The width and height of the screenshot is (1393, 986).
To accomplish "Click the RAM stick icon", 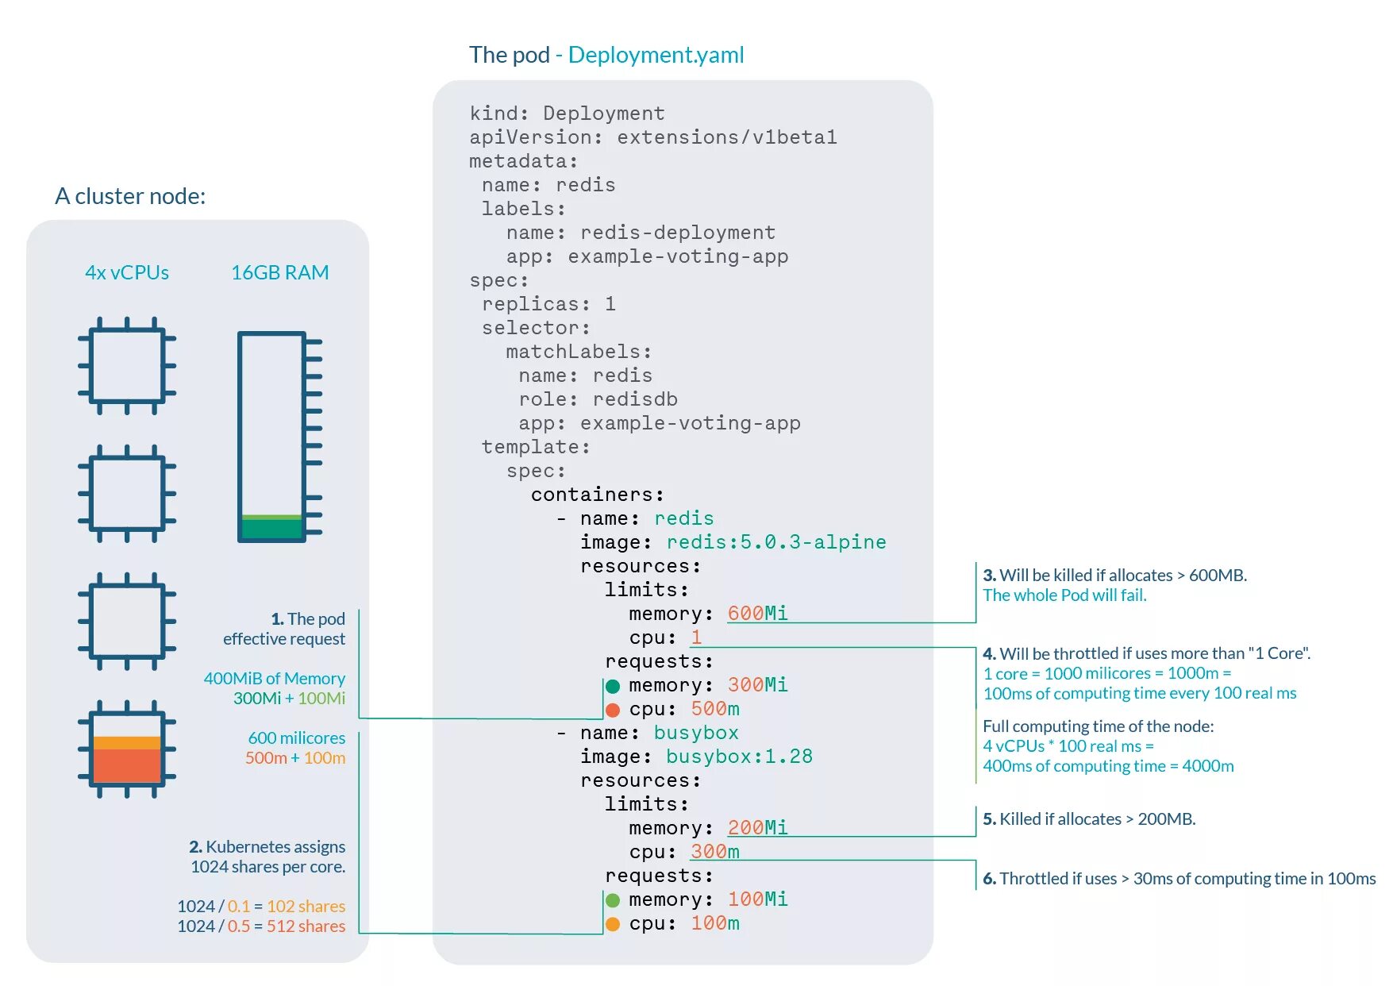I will [275, 437].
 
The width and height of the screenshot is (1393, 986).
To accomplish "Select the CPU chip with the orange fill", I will [127, 749].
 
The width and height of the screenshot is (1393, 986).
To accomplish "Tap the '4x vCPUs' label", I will [127, 272].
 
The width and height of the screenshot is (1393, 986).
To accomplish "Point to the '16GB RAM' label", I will [279, 272].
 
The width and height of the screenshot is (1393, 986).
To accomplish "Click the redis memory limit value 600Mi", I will [757, 613].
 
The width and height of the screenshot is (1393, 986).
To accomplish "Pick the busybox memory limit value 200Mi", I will [757, 827].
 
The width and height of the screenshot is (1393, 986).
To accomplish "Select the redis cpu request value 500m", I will [715, 708].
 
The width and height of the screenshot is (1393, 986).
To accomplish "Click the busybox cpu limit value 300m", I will [715, 851].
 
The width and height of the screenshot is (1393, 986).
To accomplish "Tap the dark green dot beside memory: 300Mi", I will [613, 686].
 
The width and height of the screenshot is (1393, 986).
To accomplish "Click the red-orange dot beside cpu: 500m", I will [613, 710].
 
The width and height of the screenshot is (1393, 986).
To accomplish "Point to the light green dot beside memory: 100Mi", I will [613, 900].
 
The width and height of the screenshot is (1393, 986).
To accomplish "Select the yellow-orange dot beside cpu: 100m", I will [613, 924].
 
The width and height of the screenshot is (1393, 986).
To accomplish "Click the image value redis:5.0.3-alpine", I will [775, 541].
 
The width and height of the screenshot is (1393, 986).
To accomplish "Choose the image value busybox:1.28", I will [739, 756].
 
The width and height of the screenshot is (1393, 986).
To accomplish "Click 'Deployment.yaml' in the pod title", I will [656, 55].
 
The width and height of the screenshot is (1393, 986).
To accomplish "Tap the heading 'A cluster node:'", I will [130, 196].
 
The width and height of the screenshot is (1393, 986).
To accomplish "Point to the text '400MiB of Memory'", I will [274, 678].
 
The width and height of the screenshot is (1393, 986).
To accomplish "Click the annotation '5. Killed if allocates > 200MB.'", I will [1089, 818].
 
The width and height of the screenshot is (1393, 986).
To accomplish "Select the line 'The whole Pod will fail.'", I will [1064, 595].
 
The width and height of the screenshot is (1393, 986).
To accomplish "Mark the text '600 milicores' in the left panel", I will [296, 738].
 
